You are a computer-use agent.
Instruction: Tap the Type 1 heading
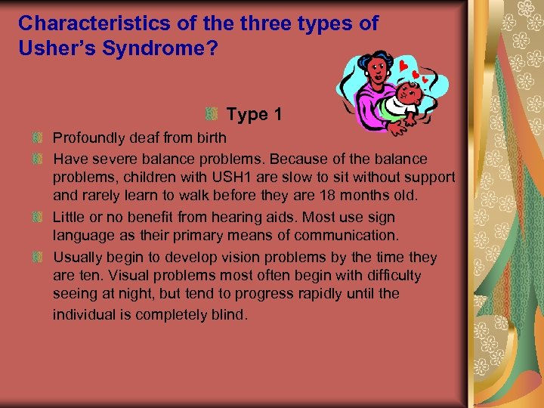pos(255,115)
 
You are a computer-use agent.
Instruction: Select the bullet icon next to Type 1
pos(212,115)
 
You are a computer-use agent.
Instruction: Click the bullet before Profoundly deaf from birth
pos(36,139)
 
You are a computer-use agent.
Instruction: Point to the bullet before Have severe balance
pos(36,159)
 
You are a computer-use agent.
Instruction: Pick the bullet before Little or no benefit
pos(36,218)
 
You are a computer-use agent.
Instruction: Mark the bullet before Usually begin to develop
pos(36,257)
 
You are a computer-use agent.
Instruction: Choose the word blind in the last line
pos(227,314)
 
